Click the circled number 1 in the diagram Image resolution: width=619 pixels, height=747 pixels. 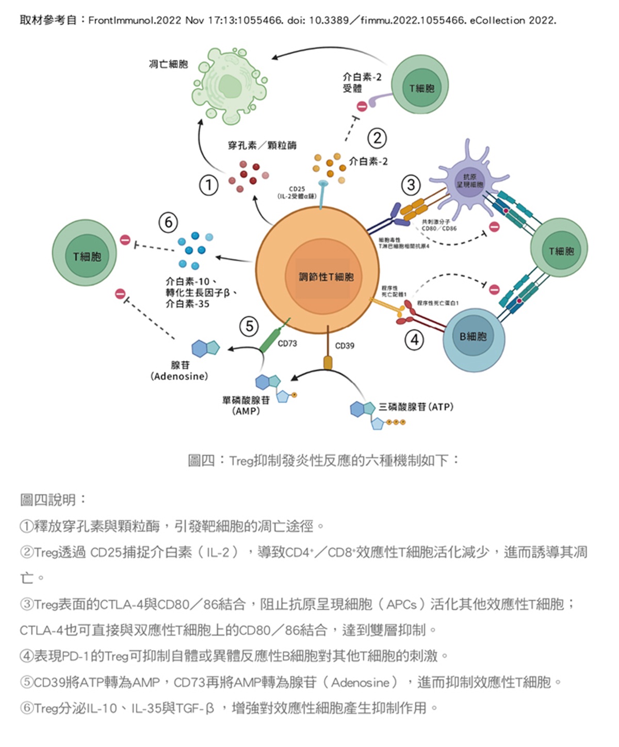coord(209,185)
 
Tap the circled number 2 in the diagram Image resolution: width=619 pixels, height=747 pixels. coord(377,138)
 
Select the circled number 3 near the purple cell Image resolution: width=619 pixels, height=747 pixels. coord(411,184)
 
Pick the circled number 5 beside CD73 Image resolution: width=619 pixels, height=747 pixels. coord(250,326)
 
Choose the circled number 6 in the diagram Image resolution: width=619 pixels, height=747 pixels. coord(168,222)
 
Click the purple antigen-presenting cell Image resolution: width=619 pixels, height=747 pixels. coord(469,181)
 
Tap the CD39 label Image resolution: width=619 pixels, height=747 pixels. coord(345,346)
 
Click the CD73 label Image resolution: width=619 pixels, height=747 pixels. coord(287,344)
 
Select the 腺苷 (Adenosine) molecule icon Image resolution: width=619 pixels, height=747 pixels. coord(205,349)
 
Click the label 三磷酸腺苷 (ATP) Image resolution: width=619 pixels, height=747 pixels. coord(416,407)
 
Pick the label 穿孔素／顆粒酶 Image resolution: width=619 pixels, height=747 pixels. coord(262,145)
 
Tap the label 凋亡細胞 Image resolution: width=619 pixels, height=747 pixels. coord(168,64)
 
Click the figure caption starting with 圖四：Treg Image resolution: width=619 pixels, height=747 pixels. coord(323,460)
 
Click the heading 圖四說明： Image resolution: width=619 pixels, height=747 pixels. coord(53,499)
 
